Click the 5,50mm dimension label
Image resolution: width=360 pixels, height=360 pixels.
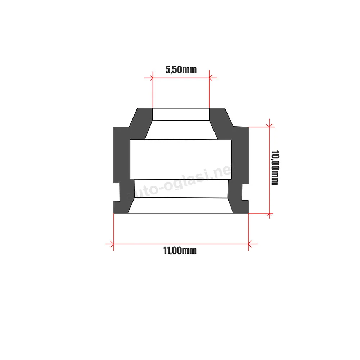pyautogui.click(x=181, y=69)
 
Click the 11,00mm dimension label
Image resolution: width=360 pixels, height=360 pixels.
pyautogui.click(x=180, y=251)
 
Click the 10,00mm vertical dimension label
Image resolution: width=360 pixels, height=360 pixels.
pyautogui.click(x=275, y=168)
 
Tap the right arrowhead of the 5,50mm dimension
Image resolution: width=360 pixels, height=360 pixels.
pyautogui.click(x=211, y=78)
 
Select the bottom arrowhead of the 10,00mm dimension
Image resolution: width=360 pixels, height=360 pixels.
pyautogui.click(x=269, y=215)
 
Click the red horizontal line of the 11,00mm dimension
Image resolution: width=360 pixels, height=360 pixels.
pyautogui.click(x=181, y=244)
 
